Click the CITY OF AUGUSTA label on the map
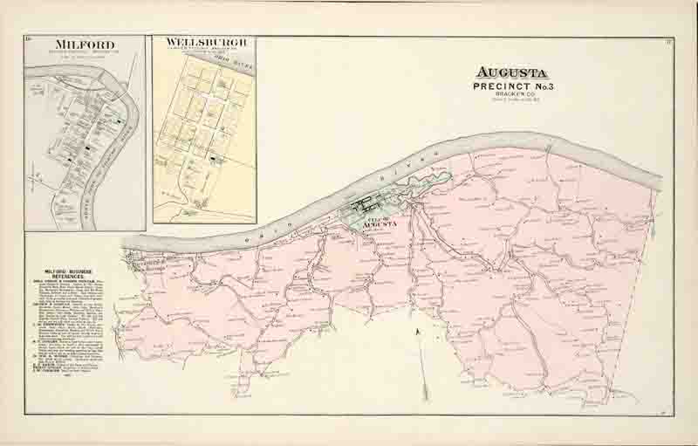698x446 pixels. tap(384, 221)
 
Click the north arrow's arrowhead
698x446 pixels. tap(419, 331)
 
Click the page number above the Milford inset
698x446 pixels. tap(29, 38)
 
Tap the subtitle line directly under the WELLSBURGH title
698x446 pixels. tap(204, 50)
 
